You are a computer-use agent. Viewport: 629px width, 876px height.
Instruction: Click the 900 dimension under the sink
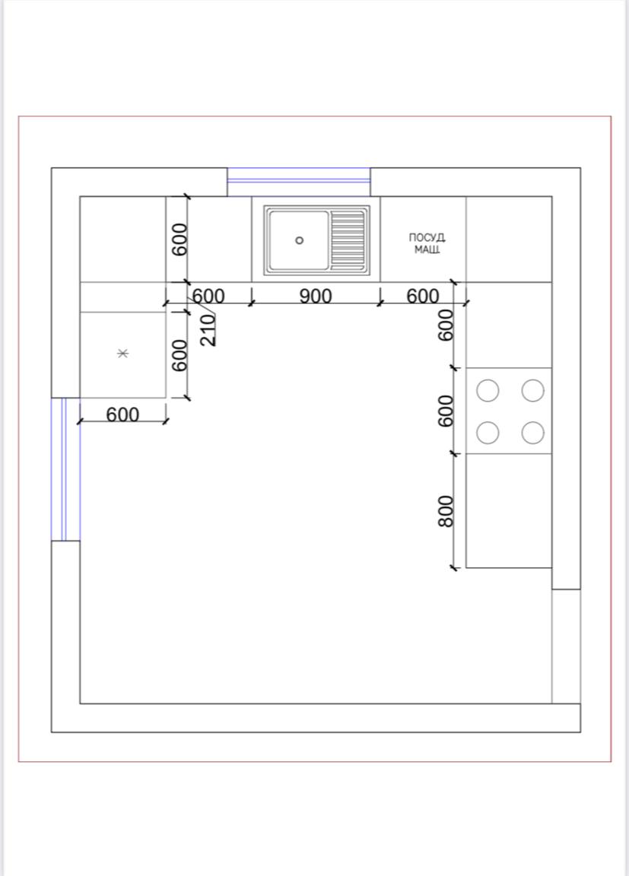[x=316, y=296]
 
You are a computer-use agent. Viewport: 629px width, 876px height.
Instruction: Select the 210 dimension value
[x=207, y=329]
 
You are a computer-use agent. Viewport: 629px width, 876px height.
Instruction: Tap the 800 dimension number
[x=446, y=511]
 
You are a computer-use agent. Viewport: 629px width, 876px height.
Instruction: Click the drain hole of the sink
[x=300, y=240]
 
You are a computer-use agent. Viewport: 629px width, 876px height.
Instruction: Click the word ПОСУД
[x=427, y=238]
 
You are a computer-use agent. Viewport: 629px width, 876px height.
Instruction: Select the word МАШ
[x=427, y=249]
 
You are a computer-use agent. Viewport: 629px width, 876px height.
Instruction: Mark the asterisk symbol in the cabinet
[x=123, y=353]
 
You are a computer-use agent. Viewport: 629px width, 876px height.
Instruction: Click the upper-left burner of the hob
[x=488, y=391]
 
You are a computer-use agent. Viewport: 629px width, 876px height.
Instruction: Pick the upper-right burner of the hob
[x=533, y=391]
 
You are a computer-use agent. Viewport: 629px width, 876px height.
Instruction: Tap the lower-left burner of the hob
[x=488, y=433]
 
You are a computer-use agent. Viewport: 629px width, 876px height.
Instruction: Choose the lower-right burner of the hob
[x=533, y=433]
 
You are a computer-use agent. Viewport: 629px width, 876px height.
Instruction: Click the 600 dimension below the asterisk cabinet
[x=122, y=414]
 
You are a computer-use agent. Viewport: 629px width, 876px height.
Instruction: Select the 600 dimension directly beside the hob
[x=446, y=411]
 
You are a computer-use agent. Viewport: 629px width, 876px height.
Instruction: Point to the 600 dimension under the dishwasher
[x=423, y=296]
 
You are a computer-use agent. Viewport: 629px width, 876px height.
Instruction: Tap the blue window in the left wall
[x=65, y=469]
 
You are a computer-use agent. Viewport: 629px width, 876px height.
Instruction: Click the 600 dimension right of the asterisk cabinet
[x=179, y=355]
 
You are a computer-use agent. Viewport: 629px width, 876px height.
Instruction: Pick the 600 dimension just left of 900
[x=208, y=296]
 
